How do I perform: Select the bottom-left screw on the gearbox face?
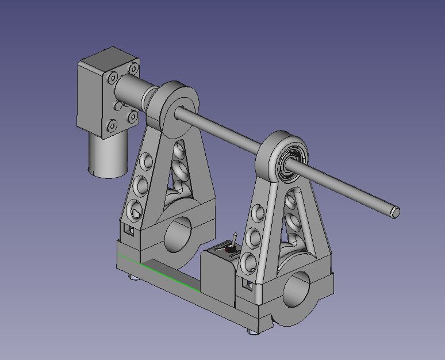click(110, 124)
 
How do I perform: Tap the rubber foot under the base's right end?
click(254, 331)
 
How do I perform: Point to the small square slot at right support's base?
click(248, 285)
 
